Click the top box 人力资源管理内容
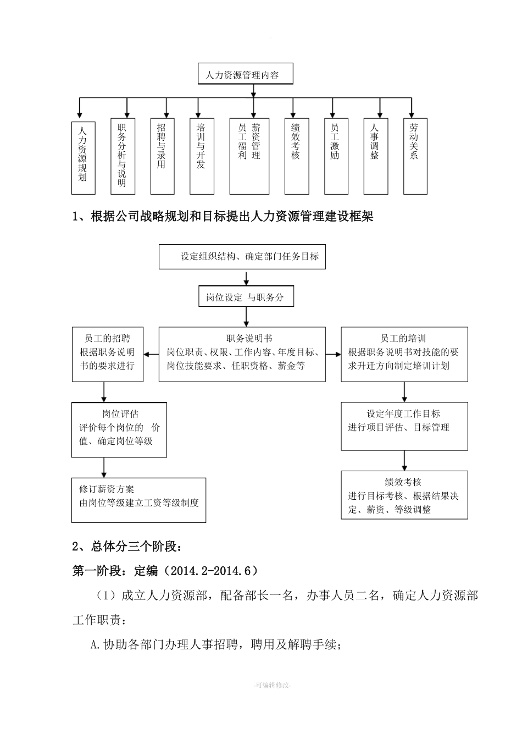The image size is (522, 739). [x=245, y=74]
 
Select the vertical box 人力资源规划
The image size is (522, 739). [x=83, y=157]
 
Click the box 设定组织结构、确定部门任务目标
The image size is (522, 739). [x=242, y=256]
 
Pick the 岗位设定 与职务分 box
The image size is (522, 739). [x=246, y=297]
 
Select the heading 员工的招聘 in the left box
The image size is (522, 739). [x=107, y=338]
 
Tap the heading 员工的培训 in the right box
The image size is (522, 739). [x=403, y=338]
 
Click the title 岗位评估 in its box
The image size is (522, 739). [x=120, y=413]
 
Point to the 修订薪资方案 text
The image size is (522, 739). [x=107, y=489]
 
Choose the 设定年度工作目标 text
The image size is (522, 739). [x=403, y=413]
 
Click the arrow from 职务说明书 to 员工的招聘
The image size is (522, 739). [x=151, y=355]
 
